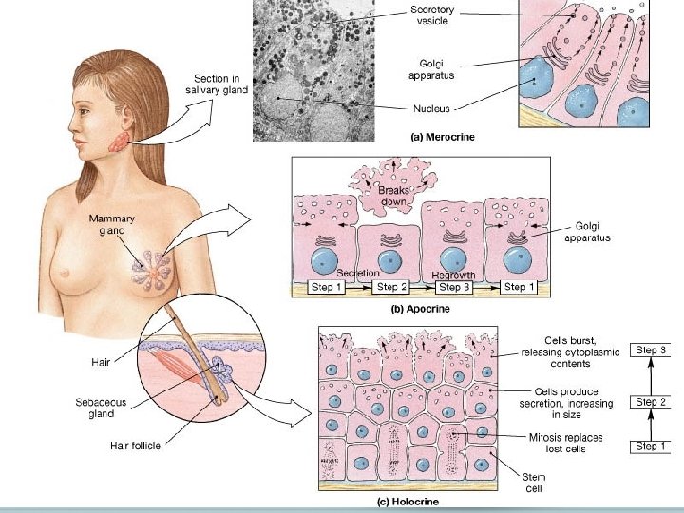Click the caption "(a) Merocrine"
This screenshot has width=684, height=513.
tap(442, 137)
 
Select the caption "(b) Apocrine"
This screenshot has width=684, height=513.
tap(421, 309)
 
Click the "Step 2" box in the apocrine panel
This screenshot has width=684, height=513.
tap(392, 286)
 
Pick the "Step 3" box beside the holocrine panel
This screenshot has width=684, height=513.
tap(652, 350)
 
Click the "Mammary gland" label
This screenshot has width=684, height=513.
tap(112, 225)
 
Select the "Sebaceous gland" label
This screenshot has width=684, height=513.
tap(102, 408)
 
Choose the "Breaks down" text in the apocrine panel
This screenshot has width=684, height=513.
tap(394, 196)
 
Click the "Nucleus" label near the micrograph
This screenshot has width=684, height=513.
tap(430, 108)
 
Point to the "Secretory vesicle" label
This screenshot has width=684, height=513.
tap(432, 15)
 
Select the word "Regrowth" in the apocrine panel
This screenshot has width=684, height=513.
tap(453, 275)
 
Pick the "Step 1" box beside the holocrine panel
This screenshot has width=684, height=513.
tap(652, 446)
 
